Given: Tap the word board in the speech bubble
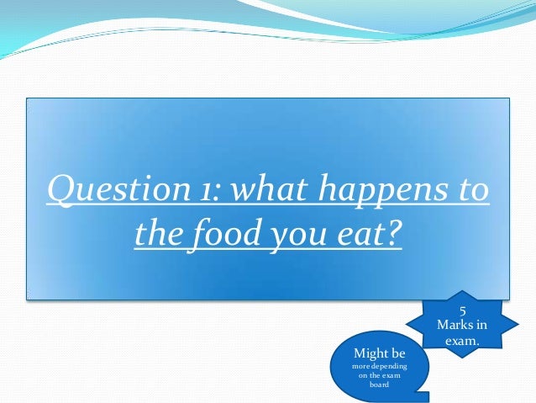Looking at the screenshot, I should (x=381, y=385).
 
